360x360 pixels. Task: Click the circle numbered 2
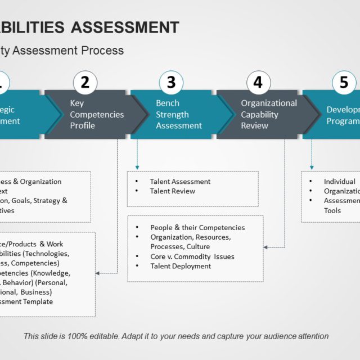[x=85, y=83]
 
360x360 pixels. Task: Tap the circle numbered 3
[x=171, y=83]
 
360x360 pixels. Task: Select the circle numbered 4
[x=258, y=83]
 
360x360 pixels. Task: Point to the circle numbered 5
[x=343, y=83]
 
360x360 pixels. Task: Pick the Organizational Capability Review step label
[x=269, y=114]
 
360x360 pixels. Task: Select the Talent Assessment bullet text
[x=180, y=182]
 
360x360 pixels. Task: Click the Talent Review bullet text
[x=173, y=191]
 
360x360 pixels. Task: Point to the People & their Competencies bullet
[x=197, y=228]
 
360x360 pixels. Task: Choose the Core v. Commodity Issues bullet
[x=192, y=256]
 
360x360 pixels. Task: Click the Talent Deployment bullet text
[x=181, y=266]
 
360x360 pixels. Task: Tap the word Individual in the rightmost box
[x=339, y=182]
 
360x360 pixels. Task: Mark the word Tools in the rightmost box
[x=332, y=210]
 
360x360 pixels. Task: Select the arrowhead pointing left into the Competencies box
[x=98, y=273]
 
